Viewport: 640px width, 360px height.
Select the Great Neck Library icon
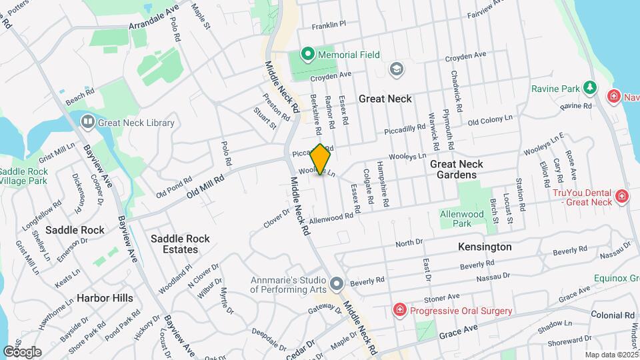pyautogui.click(x=87, y=122)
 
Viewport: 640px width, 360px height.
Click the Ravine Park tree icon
pyautogui.click(x=589, y=88)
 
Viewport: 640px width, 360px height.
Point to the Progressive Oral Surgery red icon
pyautogui.click(x=399, y=311)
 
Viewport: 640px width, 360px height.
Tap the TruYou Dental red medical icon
pyautogui.click(x=622, y=197)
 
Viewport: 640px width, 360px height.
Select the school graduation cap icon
pyautogui.click(x=397, y=69)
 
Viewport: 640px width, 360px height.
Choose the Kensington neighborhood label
pyautogui.click(x=485, y=247)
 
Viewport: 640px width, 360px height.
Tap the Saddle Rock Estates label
pyautogui.click(x=180, y=244)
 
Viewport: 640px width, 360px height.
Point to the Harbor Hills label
pyautogui.click(x=105, y=298)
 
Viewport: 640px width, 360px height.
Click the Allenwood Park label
pyautogui.click(x=461, y=219)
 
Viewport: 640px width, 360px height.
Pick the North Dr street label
pyautogui.click(x=409, y=244)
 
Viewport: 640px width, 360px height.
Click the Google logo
pyautogui.click(x=22, y=351)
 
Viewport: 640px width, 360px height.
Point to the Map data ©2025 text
pyautogui.click(x=611, y=355)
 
